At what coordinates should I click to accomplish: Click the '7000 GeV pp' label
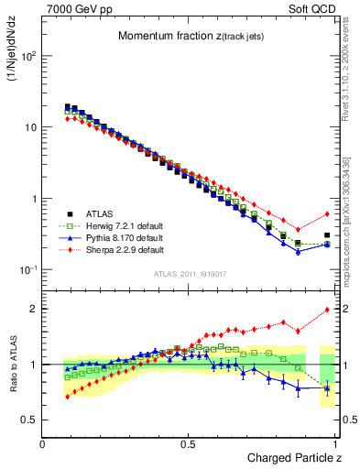pyautogui.click(x=75, y=9)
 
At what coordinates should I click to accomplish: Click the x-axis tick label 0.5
pyautogui.click(x=189, y=444)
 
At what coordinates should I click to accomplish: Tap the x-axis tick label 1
pyautogui.click(x=335, y=444)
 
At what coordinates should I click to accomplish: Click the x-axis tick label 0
pyautogui.click(x=43, y=444)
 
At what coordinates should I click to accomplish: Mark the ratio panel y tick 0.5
pyautogui.click(x=30, y=420)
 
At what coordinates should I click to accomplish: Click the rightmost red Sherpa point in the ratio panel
pyautogui.click(x=327, y=310)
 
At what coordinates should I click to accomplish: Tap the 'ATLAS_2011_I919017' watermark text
pyautogui.click(x=189, y=273)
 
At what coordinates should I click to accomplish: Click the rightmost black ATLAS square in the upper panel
pyautogui.click(x=327, y=235)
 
